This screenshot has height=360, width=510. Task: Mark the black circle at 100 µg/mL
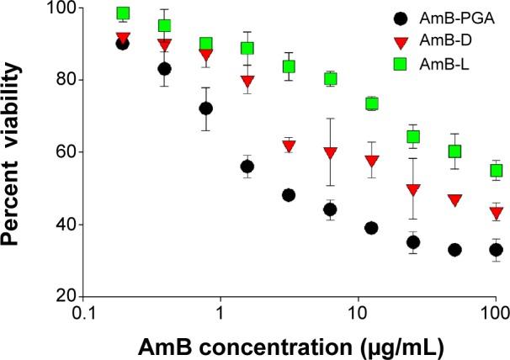pyautogui.click(x=497, y=250)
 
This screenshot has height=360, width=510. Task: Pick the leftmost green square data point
pyautogui.click(x=123, y=13)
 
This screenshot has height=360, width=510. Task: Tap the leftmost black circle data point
pyautogui.click(x=123, y=44)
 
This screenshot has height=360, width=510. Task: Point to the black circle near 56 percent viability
pyautogui.click(x=247, y=167)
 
